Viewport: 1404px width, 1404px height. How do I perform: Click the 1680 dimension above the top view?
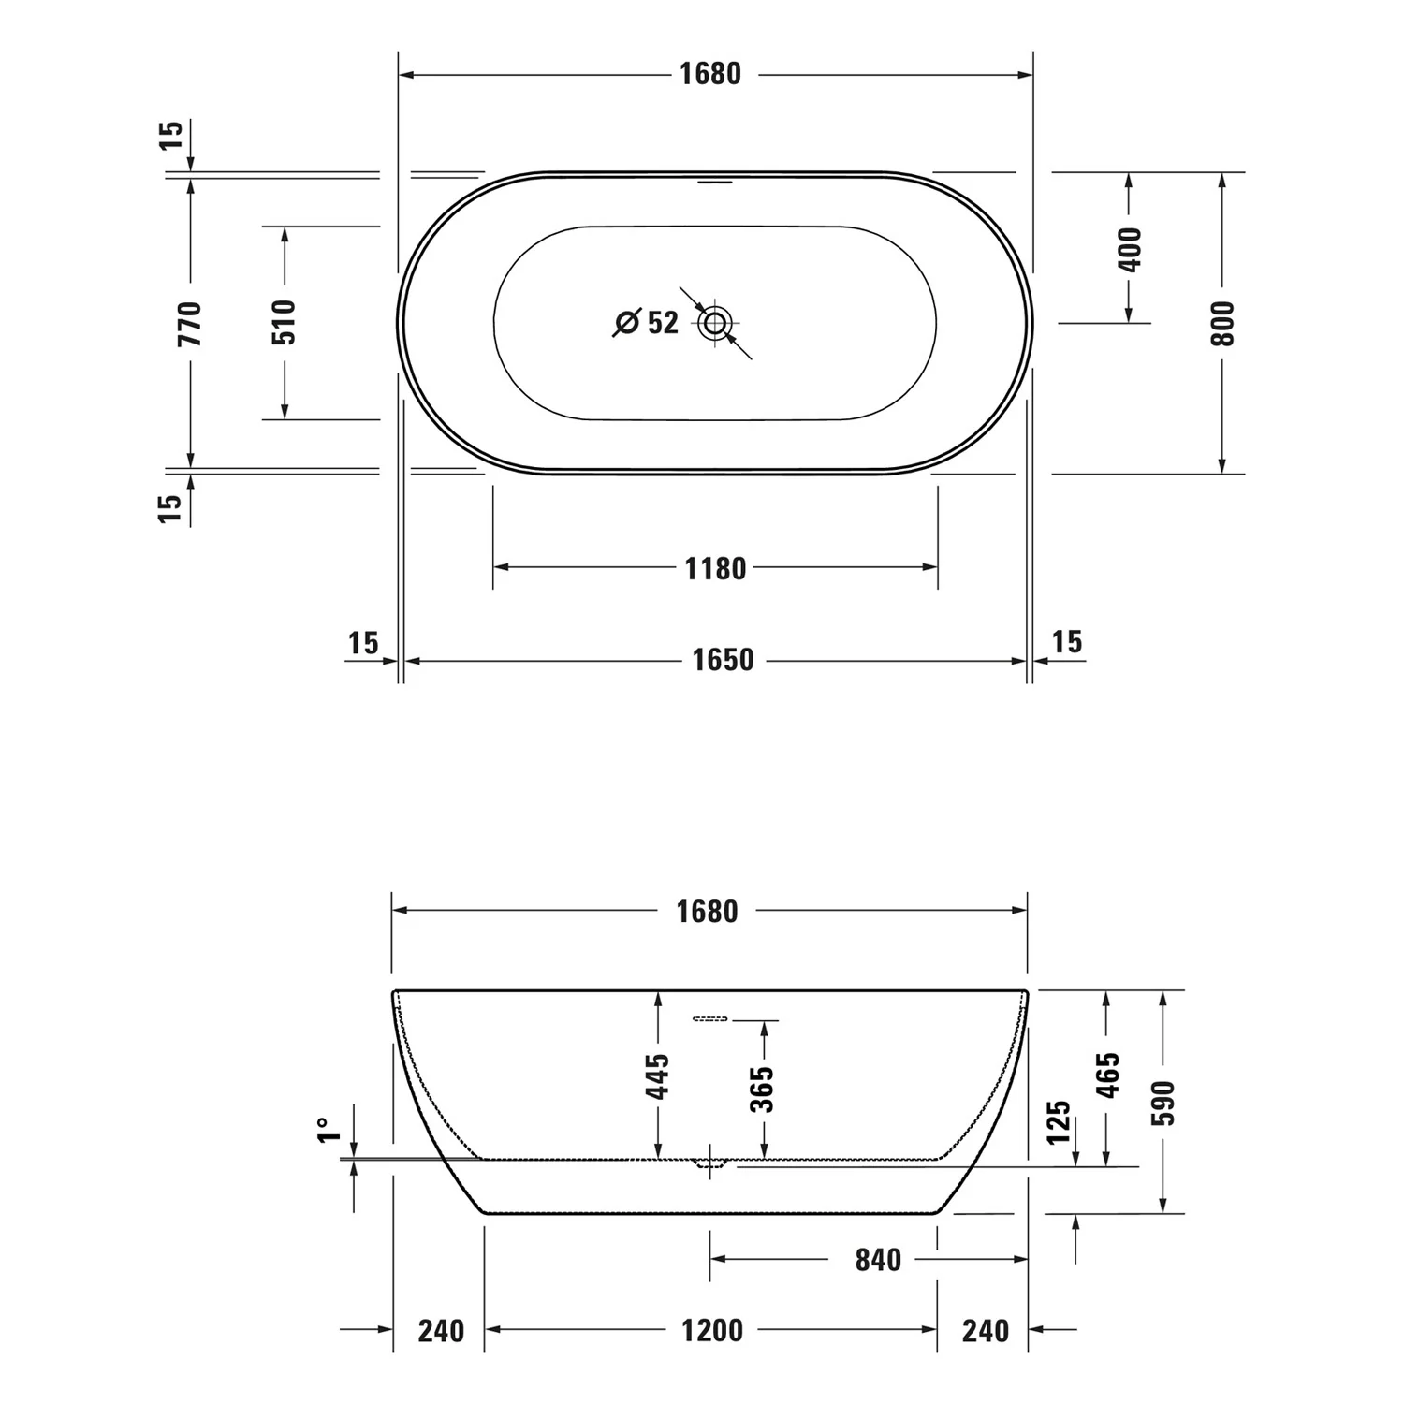tap(709, 74)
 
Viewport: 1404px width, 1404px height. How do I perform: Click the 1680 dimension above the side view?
tap(707, 911)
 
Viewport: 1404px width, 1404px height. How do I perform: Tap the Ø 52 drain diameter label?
tap(647, 322)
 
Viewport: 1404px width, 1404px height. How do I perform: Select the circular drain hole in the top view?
tap(715, 324)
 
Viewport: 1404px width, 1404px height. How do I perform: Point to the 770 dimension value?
tap(190, 323)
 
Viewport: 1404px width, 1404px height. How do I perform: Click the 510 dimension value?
tap(285, 322)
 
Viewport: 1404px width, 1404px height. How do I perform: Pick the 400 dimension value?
tap(1131, 249)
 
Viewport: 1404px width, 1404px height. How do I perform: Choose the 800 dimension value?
tap(1222, 323)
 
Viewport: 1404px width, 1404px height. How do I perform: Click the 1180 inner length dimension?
tap(715, 568)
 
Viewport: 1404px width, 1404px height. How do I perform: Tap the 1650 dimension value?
tap(723, 660)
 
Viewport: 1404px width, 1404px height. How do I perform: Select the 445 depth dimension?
tap(658, 1076)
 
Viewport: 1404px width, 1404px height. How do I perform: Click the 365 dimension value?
tap(763, 1089)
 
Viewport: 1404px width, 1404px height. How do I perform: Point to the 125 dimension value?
tap(1059, 1122)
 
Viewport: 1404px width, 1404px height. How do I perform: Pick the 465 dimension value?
tap(1108, 1075)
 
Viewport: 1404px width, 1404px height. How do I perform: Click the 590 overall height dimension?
tap(1163, 1102)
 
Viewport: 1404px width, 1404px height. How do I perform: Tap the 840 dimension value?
tap(878, 1260)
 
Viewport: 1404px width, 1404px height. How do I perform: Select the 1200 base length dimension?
tap(711, 1330)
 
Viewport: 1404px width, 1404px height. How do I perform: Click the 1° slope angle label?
tap(326, 1130)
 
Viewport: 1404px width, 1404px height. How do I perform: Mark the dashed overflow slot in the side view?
tap(710, 1018)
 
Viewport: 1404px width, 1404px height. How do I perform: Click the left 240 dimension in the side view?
tap(440, 1330)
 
